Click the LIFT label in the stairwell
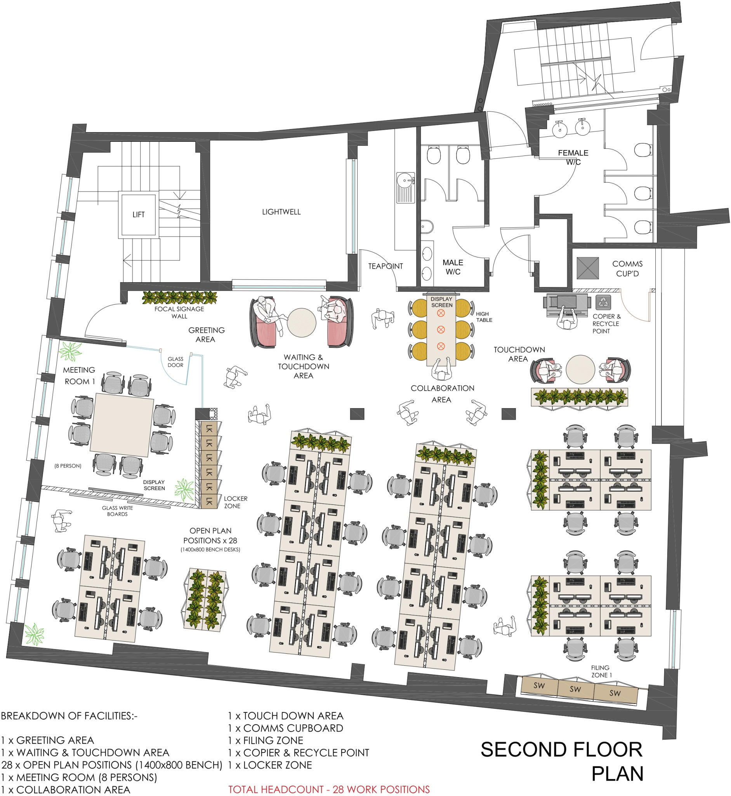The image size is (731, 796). (139, 215)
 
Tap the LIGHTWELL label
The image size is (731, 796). (281, 212)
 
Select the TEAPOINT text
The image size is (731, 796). (385, 266)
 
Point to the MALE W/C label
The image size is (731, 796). (453, 267)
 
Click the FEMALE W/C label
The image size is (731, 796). (573, 157)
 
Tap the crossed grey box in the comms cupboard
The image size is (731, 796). (588, 268)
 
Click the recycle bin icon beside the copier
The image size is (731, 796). (603, 302)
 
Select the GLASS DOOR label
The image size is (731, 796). (175, 362)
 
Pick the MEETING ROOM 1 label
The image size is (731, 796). (79, 375)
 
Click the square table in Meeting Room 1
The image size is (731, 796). (122, 424)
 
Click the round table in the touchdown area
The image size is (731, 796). (580, 369)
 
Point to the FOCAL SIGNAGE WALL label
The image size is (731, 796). (179, 312)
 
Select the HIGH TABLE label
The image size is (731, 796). (484, 317)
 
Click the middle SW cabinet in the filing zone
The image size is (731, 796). (576, 690)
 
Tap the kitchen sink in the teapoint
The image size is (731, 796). (405, 187)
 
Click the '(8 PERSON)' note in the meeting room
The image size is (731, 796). (68, 466)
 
